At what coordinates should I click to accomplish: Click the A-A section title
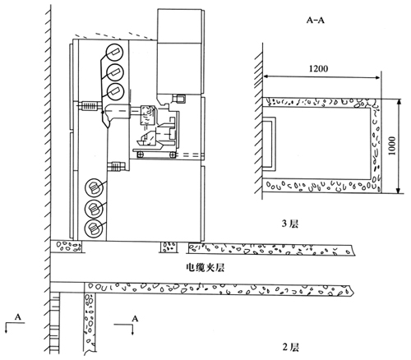tap(315, 20)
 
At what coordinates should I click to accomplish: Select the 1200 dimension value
tap(318, 68)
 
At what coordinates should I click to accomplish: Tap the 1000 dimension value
tap(392, 145)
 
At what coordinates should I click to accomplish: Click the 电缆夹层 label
tap(205, 267)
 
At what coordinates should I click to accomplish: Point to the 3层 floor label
tap(290, 224)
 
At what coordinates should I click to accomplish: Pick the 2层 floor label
tap(291, 347)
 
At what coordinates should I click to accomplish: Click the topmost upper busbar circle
tap(114, 52)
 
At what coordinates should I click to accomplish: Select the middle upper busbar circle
tap(114, 72)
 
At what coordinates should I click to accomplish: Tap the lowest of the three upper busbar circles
tap(115, 92)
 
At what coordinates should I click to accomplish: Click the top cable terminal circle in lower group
tap(95, 187)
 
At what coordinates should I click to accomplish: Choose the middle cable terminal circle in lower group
tap(94, 209)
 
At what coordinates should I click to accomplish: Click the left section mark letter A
tap(18, 317)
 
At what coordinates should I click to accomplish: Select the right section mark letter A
tap(135, 319)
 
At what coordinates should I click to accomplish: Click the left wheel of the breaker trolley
tap(140, 155)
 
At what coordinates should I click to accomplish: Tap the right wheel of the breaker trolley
tap(173, 155)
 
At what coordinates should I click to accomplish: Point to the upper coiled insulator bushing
tap(88, 106)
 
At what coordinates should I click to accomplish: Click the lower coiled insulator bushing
tap(117, 166)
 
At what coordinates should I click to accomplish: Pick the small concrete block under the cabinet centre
tap(169, 247)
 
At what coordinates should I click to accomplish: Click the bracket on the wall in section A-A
tap(270, 144)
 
